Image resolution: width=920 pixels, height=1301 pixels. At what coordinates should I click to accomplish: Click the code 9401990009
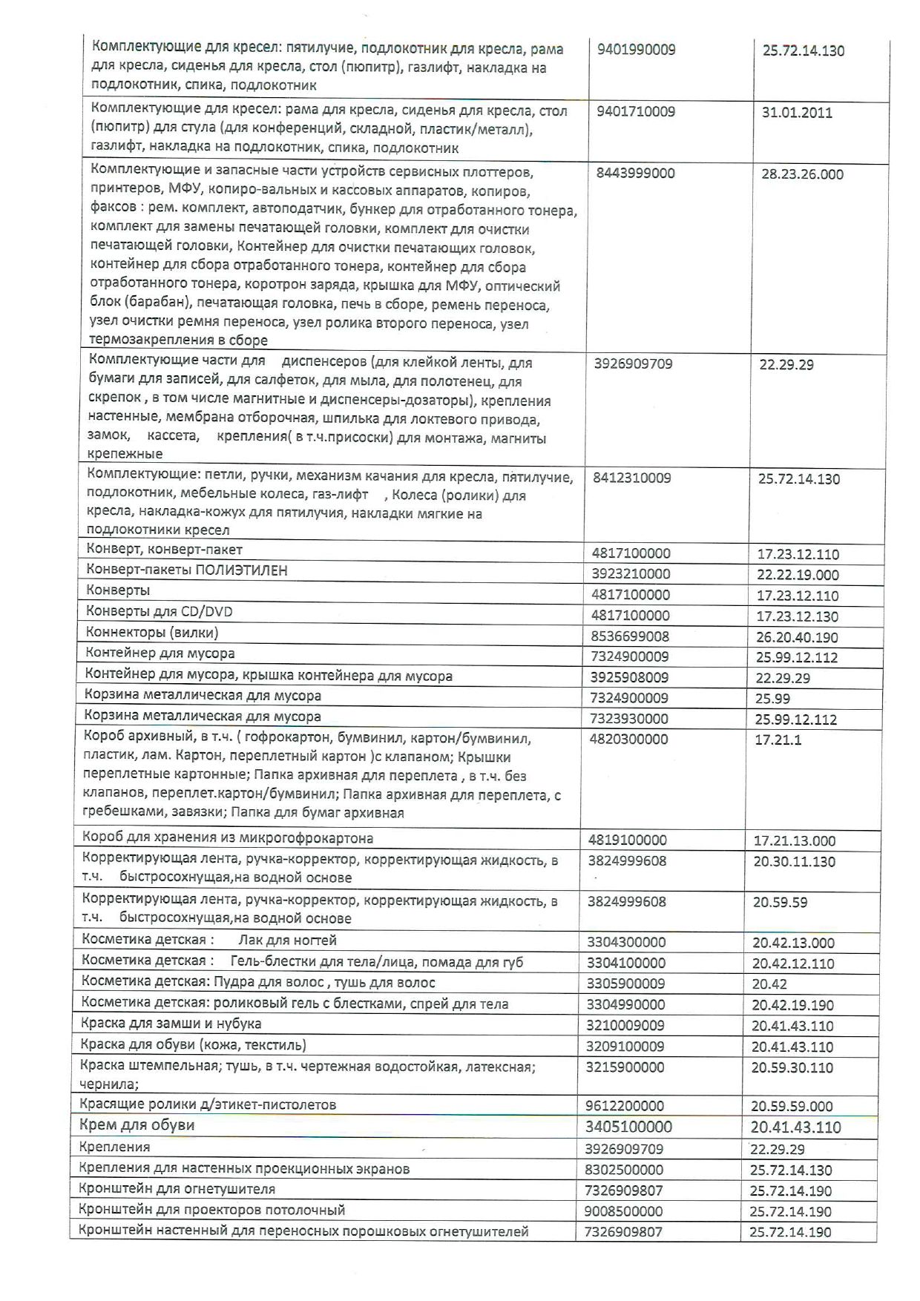[x=636, y=50]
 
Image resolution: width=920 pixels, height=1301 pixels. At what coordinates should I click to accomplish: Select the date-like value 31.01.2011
[x=797, y=113]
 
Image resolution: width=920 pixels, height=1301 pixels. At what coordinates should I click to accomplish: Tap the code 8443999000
[x=635, y=173]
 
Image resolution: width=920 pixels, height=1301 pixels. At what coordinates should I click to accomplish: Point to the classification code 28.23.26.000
[x=802, y=174]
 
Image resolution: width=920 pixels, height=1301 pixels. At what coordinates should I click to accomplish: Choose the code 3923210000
[x=631, y=573]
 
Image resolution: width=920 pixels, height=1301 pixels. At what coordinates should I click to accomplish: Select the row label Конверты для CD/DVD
[x=159, y=612]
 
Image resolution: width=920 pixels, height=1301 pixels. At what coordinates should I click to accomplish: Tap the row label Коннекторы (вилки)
[x=152, y=633]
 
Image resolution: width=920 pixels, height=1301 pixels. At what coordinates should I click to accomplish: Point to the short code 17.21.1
[x=778, y=740]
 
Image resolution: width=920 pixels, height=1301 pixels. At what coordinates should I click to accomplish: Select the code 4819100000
[x=628, y=840]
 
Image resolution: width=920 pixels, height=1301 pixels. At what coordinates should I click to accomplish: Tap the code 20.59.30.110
[x=792, y=1068]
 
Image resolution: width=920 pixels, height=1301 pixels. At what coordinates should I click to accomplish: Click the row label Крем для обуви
[x=137, y=1125]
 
